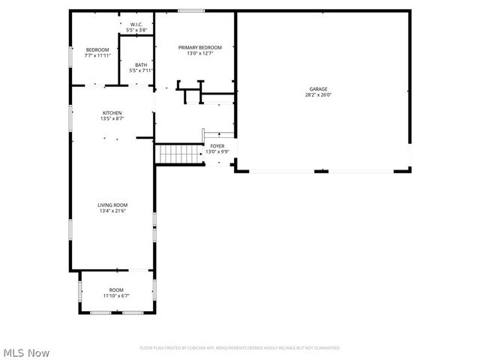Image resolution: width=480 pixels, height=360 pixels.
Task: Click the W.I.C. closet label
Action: click(136, 25)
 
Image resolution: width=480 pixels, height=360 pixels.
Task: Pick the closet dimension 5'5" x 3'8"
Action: click(136, 31)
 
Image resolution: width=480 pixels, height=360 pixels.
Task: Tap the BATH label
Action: click(141, 65)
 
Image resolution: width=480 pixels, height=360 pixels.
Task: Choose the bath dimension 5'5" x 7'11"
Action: click(141, 71)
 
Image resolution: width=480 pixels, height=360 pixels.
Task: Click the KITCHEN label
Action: click(112, 113)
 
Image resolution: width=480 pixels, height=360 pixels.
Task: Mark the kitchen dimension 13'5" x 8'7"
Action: click(112, 119)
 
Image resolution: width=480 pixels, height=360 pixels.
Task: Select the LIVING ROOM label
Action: click(112, 205)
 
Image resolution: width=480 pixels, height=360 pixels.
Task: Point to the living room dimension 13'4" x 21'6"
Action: click(112, 211)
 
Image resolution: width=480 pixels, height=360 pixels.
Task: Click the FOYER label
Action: click(217, 146)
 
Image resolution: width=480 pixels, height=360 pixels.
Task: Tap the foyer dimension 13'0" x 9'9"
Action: click(217, 152)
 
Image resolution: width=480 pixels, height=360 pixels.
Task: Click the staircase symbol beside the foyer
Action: click(178, 154)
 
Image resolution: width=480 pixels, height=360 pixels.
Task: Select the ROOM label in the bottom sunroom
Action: click(116, 290)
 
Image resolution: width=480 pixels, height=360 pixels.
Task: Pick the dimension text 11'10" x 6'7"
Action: click(116, 296)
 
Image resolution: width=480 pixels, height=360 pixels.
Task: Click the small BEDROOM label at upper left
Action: click(97, 49)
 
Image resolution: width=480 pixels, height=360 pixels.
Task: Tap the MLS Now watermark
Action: click(26, 352)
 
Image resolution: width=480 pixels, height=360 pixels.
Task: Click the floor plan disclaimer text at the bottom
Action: click(240, 348)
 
